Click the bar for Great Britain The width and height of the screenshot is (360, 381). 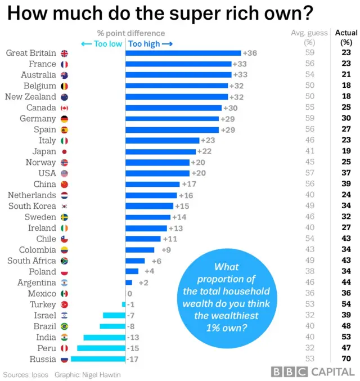(x=183, y=53)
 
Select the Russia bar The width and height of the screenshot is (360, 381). (x=98, y=359)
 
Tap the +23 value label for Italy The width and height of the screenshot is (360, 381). (x=208, y=141)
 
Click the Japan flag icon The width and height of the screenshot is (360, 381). (x=64, y=152)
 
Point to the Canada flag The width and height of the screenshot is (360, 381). (x=64, y=108)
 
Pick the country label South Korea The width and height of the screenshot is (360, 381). (x=32, y=206)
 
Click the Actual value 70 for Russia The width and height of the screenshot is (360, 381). (x=346, y=359)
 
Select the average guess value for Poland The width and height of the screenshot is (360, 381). (x=309, y=271)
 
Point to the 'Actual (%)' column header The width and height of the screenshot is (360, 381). (x=346, y=37)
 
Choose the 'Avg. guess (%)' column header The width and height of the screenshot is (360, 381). (x=309, y=37)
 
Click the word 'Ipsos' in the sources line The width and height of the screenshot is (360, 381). (x=39, y=374)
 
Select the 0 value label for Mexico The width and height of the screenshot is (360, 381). (x=130, y=293)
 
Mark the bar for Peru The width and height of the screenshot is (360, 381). (x=101, y=348)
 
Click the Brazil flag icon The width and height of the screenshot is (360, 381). (x=64, y=326)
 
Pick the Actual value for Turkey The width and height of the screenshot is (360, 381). (x=346, y=304)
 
